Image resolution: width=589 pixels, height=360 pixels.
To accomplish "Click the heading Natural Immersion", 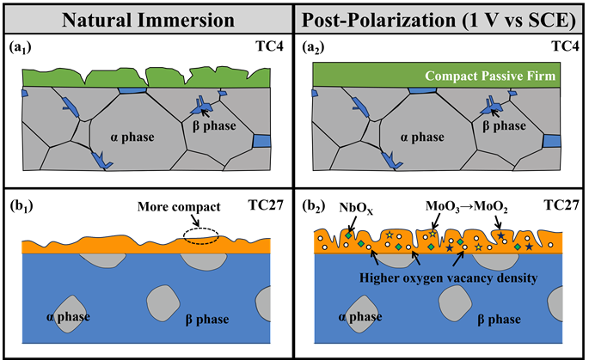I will [x=146, y=18].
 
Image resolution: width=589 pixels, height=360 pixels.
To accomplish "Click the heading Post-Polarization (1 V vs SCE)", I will [x=439, y=18].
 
